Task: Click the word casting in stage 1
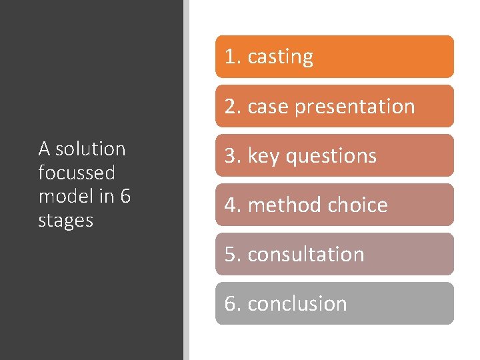click(280, 57)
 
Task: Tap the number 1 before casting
click(230, 57)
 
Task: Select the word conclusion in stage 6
click(297, 303)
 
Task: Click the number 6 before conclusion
click(230, 303)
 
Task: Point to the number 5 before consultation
click(230, 254)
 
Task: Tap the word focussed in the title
click(77, 173)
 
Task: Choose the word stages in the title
click(66, 220)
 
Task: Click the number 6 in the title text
click(125, 196)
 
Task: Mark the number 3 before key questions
click(230, 156)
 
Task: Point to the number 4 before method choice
click(230, 205)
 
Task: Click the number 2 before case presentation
click(230, 107)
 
